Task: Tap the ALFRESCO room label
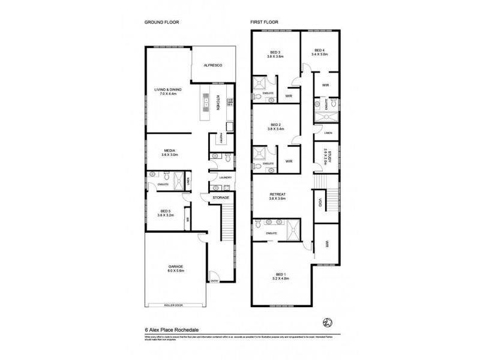click(213, 65)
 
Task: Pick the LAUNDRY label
click(226, 178)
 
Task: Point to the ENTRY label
click(214, 280)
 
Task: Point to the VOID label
click(320, 202)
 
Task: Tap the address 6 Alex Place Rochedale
click(171, 328)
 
